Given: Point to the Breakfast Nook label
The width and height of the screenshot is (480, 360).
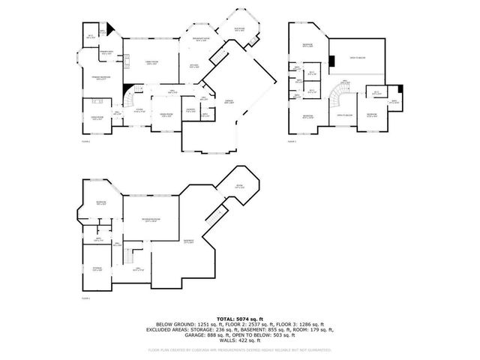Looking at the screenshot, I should tap(200, 40).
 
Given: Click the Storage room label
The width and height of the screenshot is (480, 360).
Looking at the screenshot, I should tap(97, 269).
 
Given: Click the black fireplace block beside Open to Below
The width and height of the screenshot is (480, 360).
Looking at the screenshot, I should tap(330, 60).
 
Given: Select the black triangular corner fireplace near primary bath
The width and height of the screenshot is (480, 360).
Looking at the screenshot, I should tap(110, 29).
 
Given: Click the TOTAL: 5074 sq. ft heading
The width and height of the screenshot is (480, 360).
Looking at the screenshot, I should tap(240, 318).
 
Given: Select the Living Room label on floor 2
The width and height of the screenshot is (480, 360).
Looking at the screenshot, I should tap(96, 118).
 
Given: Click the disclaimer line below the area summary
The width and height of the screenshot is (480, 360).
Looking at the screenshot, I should tap(240, 349).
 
